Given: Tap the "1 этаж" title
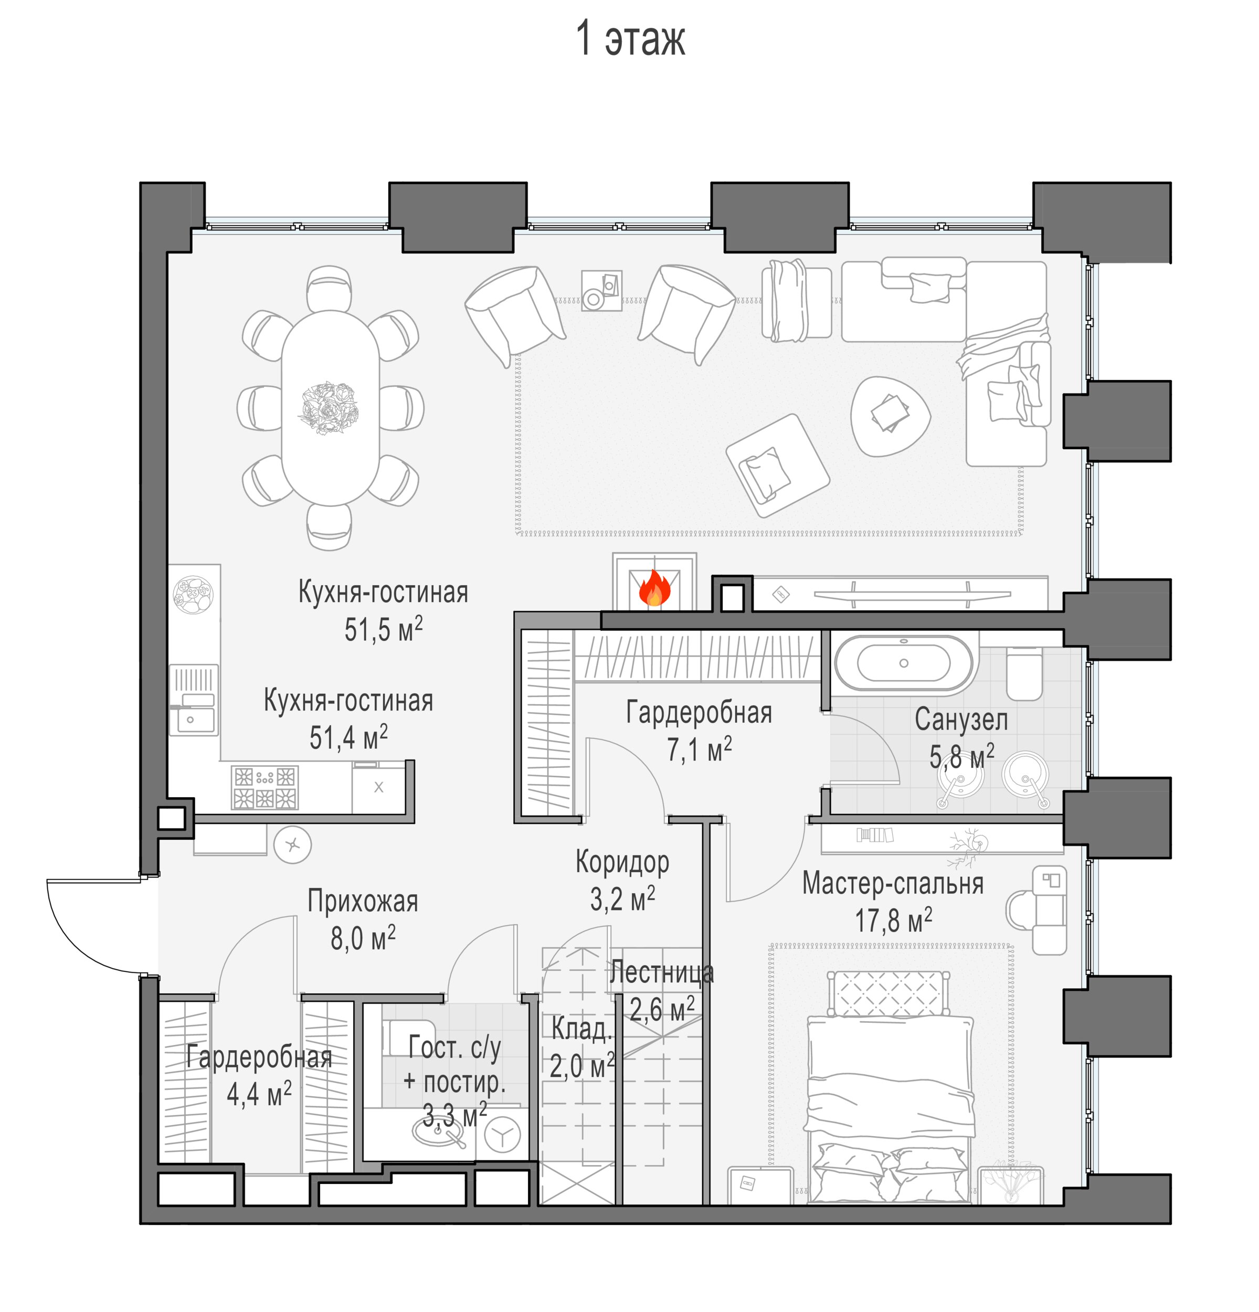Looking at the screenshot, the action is click(x=630, y=39).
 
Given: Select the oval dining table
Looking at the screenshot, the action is click(x=331, y=408).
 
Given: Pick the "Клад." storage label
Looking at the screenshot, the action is click(x=581, y=1029).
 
